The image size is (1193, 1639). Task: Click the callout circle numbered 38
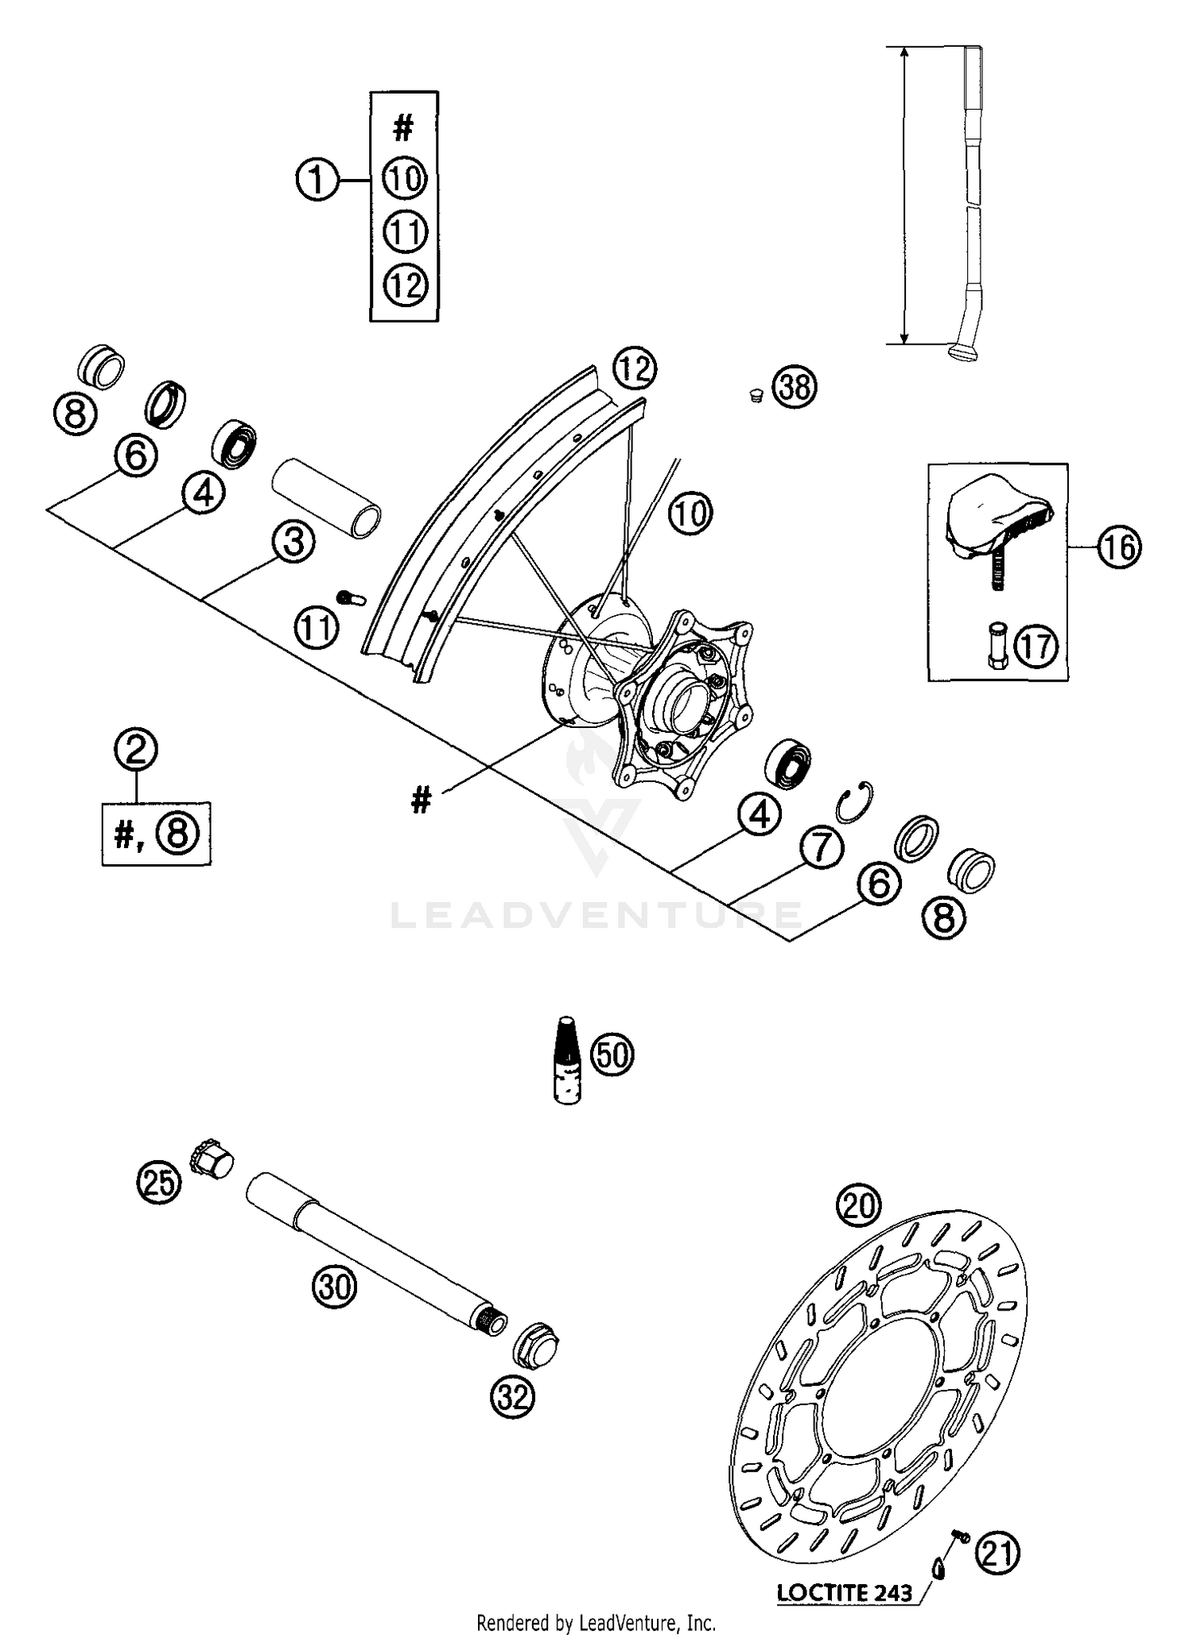pos(795,387)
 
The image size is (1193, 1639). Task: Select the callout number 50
pos(612,1055)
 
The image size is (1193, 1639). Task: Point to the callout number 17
pos(1036,645)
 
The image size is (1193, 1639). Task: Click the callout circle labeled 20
pos(859,1206)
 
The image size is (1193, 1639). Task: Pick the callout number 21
pos(997,1551)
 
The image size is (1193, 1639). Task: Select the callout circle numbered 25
pos(158,1183)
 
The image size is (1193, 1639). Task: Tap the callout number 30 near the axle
pos(334,1287)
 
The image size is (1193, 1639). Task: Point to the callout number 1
pos(317,180)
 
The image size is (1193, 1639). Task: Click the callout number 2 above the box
pos(136,749)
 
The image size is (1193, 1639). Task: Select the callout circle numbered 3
pos(293,543)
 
